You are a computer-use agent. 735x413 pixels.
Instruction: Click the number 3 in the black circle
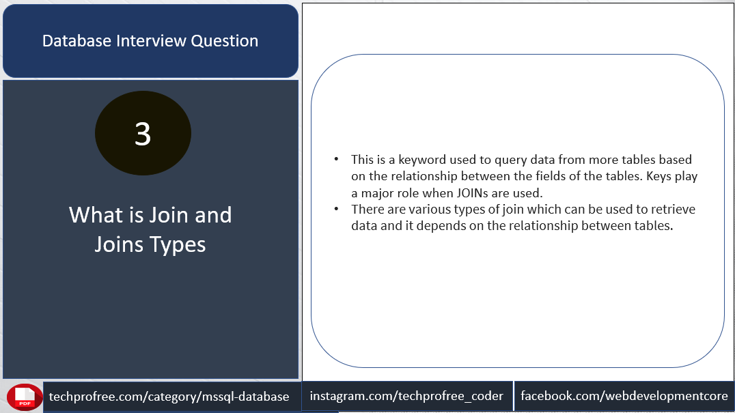[143, 134]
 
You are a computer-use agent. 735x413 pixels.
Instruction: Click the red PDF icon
[25, 397]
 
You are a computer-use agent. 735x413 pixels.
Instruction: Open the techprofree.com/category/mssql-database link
[169, 397]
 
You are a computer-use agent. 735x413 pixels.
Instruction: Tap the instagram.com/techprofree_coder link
[406, 396]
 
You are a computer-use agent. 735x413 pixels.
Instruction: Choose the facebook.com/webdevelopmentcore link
[624, 396]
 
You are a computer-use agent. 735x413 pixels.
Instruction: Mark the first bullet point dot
[336, 159]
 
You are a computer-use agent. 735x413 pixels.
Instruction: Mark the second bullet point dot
[336, 209]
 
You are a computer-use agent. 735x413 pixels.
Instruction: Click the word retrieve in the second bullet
[673, 210]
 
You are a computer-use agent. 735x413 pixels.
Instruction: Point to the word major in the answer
[376, 193]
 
